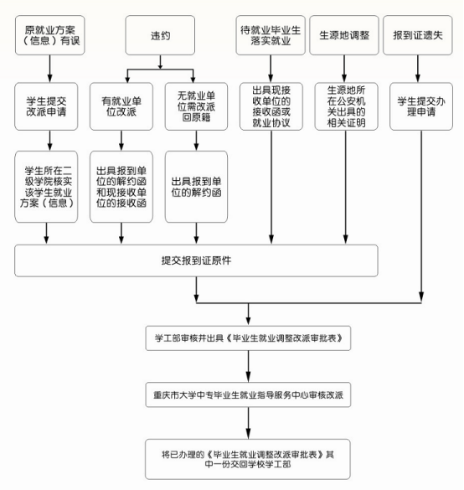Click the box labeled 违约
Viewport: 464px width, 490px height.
[x=160, y=35]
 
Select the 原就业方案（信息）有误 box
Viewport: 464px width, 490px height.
[x=50, y=35]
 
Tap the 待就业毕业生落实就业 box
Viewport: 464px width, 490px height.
[x=271, y=35]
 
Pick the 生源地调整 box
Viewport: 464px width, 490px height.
[x=344, y=35]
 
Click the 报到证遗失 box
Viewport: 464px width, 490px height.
[x=418, y=35]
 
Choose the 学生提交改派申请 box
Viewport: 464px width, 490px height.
[x=46, y=106]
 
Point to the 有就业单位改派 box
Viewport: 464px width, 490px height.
[x=121, y=106]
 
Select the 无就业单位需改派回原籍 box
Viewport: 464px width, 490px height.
[x=196, y=106]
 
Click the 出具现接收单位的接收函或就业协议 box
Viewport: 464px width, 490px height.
[x=271, y=106]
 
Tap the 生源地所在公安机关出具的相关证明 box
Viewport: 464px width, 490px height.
[x=346, y=106]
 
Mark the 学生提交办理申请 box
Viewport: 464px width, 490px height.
[x=421, y=106]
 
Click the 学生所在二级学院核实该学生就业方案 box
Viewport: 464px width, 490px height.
[x=46, y=187]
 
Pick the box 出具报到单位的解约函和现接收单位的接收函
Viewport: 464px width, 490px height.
[x=121, y=187]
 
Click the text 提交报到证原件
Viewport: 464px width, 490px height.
[x=196, y=260]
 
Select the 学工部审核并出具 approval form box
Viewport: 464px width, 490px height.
[x=248, y=338]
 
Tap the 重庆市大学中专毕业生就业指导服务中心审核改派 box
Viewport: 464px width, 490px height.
[x=248, y=395]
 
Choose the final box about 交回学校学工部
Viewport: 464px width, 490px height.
[x=248, y=459]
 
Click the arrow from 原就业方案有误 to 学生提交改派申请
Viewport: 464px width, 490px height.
[x=50, y=69]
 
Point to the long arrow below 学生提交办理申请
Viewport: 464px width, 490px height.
[x=421, y=216]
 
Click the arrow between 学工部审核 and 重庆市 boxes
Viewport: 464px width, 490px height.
[x=248, y=366]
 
